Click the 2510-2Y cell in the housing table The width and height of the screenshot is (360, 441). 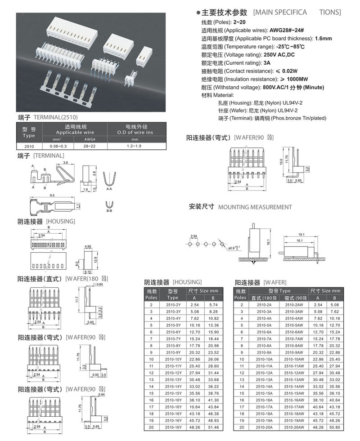click(173, 305)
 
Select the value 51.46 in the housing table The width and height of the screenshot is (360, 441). click(213, 427)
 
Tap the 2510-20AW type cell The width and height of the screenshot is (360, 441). click(294, 427)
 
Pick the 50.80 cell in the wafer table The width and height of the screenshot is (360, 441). click(335, 427)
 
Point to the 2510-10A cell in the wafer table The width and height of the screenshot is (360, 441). click(264, 359)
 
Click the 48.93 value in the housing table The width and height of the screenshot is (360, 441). click(213, 420)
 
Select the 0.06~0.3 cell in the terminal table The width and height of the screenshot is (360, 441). click(58, 146)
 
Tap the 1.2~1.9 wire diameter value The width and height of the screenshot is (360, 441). click(134, 146)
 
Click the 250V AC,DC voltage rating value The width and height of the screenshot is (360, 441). click(279, 54)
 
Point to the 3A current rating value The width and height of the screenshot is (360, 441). click(267, 63)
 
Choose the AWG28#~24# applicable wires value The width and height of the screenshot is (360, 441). click(287, 31)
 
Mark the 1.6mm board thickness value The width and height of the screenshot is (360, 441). click(324, 39)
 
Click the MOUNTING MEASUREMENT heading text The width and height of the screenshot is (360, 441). click(255, 207)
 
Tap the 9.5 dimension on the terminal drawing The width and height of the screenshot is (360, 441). click(52, 195)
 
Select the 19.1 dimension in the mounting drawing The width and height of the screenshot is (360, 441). click(301, 235)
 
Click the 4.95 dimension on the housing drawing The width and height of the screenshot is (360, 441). click(88, 247)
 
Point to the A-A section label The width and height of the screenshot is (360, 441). click(109, 189)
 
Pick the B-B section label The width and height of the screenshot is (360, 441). click(109, 211)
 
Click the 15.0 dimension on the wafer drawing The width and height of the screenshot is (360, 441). click(281, 162)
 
